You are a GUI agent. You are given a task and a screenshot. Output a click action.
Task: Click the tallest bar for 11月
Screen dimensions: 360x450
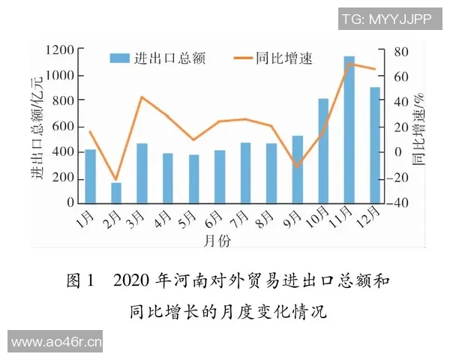point(349,129)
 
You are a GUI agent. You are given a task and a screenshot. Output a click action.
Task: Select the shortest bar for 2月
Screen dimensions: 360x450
point(116,193)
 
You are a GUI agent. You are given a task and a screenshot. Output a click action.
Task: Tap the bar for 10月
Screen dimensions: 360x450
point(323,150)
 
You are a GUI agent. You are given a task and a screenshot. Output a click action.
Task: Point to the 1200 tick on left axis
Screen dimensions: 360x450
point(59,50)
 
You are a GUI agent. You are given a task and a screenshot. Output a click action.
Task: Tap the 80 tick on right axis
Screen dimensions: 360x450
point(403,51)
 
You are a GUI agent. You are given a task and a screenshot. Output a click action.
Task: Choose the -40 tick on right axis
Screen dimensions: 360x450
point(400,202)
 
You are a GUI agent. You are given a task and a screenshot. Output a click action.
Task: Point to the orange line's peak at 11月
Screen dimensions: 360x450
point(349,64)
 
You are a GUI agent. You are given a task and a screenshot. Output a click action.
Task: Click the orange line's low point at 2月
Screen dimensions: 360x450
point(116,181)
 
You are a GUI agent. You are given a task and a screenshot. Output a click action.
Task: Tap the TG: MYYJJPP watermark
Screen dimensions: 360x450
point(386,20)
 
